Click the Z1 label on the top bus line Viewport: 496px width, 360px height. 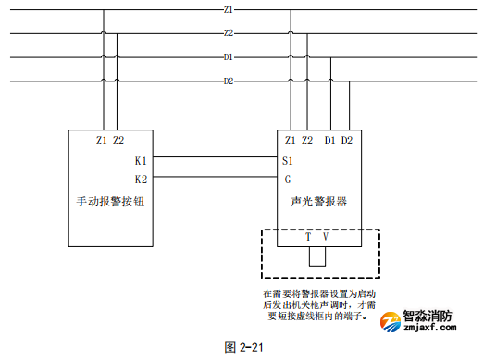(229, 9)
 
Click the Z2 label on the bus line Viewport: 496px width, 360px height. (229, 33)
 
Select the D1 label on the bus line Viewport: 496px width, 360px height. (229, 57)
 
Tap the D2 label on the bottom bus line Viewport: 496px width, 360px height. (229, 81)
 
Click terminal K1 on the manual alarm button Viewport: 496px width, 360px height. (141, 160)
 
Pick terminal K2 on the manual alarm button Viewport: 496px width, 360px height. (141, 179)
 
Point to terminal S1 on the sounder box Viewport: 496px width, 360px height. (288, 160)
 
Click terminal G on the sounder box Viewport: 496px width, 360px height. (287, 179)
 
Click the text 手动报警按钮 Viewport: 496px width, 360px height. (108, 201)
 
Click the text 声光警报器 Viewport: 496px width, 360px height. (319, 201)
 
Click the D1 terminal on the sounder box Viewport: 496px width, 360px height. (330, 141)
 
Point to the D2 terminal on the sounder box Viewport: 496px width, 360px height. (347, 141)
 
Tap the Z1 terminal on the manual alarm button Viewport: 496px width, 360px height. (102, 141)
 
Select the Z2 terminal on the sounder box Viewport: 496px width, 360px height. (307, 141)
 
